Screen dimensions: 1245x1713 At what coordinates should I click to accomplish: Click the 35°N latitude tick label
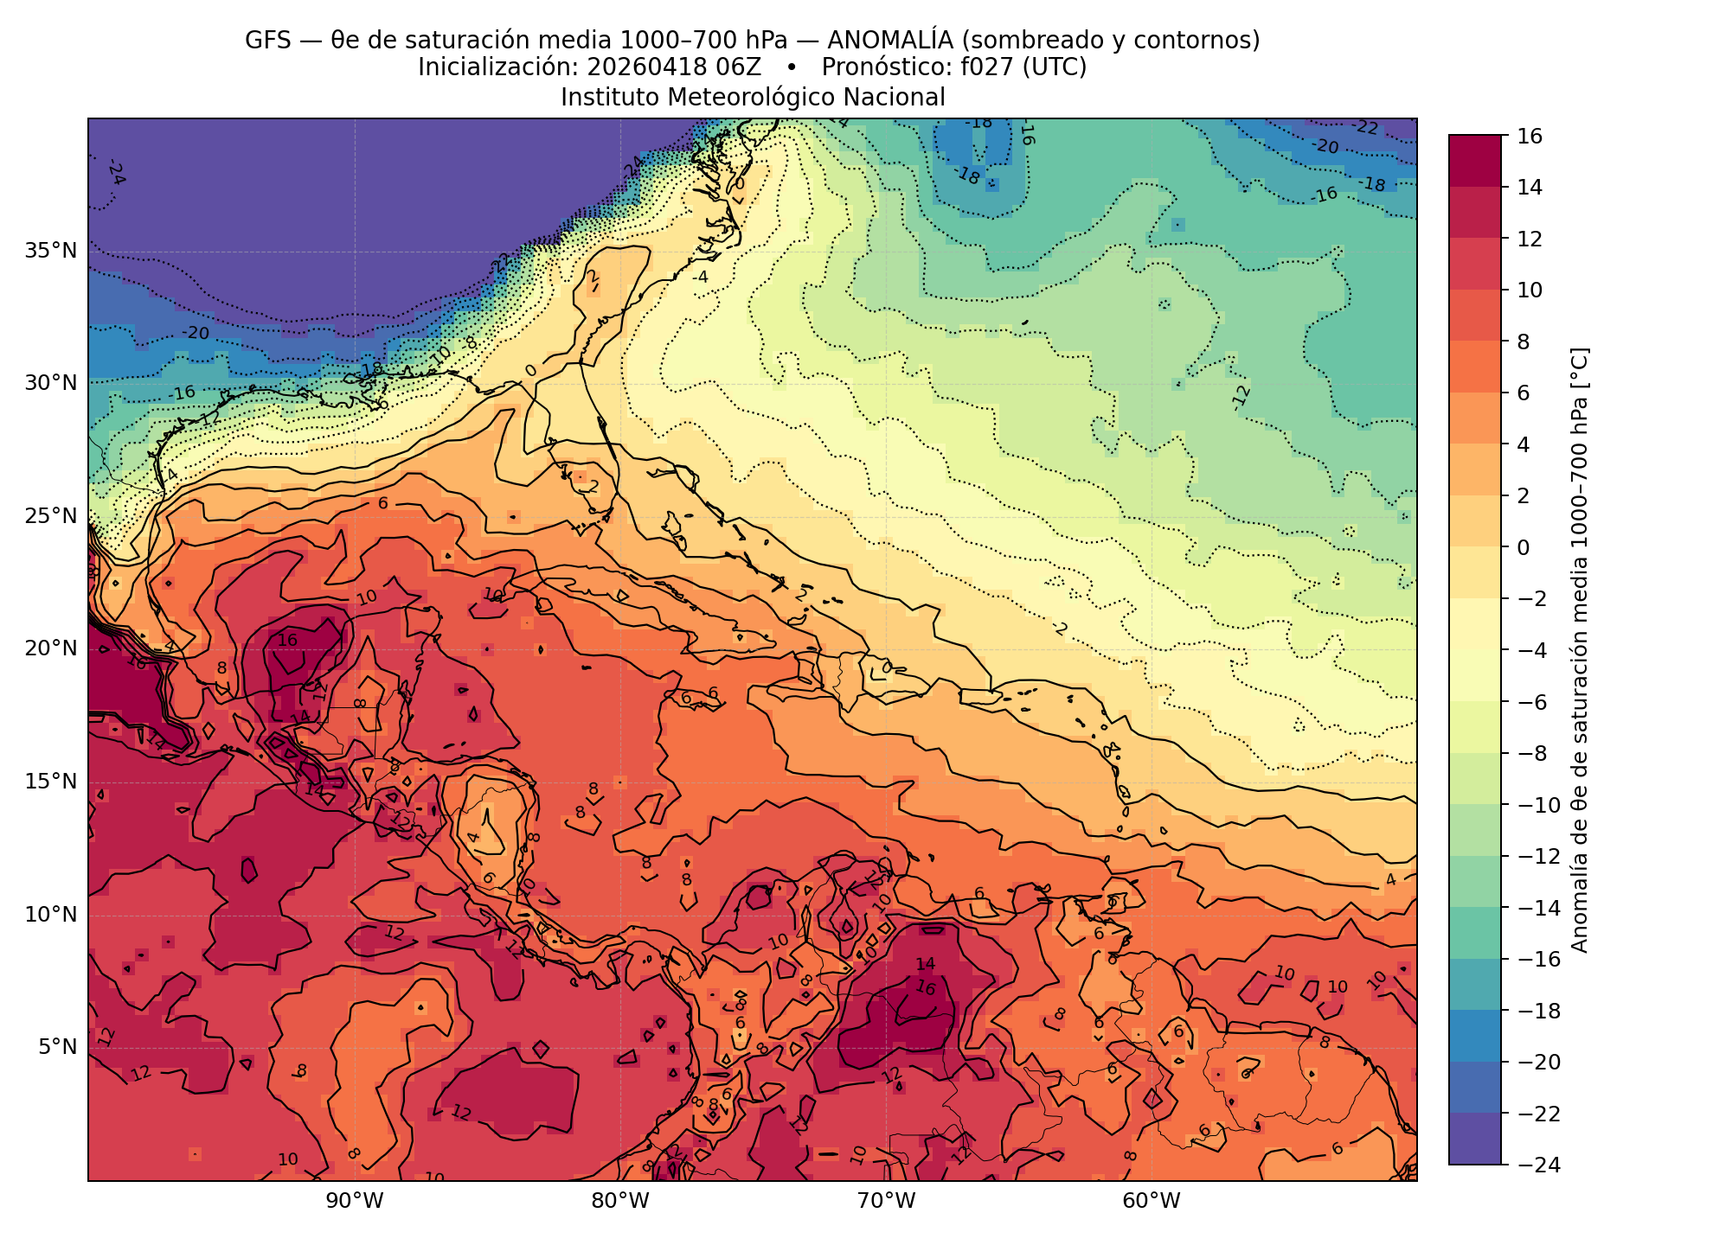(x=51, y=251)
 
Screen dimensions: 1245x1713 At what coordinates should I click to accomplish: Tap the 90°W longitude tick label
(x=355, y=1201)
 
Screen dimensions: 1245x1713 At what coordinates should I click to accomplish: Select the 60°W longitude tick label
(x=1152, y=1201)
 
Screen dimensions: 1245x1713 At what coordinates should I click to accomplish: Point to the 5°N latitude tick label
(x=57, y=1047)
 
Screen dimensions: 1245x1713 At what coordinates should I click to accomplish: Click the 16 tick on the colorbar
(x=1529, y=136)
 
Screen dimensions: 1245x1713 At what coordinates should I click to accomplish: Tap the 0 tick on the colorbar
(x=1523, y=547)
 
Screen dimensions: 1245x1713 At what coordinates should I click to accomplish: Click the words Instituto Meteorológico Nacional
(x=753, y=97)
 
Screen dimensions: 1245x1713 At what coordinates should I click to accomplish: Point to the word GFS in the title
(x=267, y=40)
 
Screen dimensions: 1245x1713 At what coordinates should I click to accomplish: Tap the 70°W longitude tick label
(x=886, y=1201)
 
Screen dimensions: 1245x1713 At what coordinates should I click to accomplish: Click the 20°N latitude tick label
(x=51, y=648)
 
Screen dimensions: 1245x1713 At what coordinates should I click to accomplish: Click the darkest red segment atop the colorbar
(x=1474, y=161)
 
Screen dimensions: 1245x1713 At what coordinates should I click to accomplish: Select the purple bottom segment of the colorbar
(x=1474, y=1139)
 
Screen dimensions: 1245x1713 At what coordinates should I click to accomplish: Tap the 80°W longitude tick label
(x=620, y=1201)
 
